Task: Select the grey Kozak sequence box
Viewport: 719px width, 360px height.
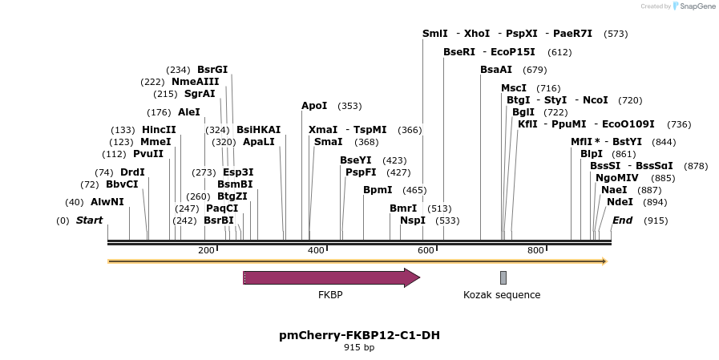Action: [x=503, y=277]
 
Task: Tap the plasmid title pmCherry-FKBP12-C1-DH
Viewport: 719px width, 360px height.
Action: [x=359, y=335]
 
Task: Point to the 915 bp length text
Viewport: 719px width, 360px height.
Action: [x=359, y=348]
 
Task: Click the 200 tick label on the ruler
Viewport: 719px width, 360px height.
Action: [x=206, y=251]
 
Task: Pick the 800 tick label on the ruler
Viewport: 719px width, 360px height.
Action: [x=535, y=251]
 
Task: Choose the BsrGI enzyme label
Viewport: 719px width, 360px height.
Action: [x=212, y=69]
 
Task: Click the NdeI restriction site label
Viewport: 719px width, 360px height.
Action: [x=620, y=201]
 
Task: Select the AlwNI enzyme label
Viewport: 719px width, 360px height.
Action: [x=107, y=201]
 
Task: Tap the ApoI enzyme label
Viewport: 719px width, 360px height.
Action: [x=314, y=105]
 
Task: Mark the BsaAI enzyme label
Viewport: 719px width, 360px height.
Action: [x=496, y=69]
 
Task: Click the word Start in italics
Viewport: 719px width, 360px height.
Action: [x=89, y=220]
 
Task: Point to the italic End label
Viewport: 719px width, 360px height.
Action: [x=622, y=220]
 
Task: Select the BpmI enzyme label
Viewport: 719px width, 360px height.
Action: [x=378, y=189]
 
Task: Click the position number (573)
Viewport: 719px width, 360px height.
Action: [x=616, y=34]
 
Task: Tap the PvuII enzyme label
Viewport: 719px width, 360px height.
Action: [x=148, y=154]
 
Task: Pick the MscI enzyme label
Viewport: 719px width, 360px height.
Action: [x=514, y=87]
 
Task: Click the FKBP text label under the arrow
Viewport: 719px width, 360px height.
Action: [x=330, y=295]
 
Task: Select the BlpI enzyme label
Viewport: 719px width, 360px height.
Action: [x=592, y=153]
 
